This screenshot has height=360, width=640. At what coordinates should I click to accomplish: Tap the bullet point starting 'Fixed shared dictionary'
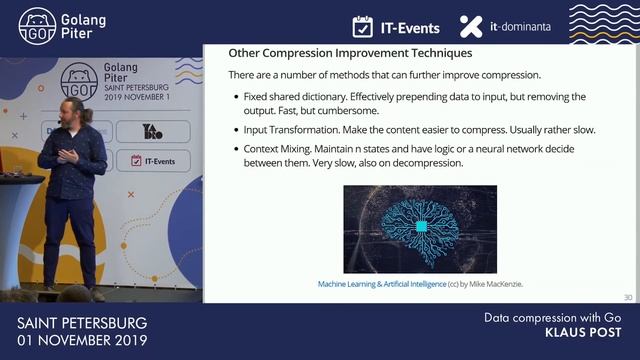[x=410, y=104]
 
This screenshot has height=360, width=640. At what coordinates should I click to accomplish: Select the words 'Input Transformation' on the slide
[x=290, y=130]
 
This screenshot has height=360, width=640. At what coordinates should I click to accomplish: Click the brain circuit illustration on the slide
[x=420, y=229]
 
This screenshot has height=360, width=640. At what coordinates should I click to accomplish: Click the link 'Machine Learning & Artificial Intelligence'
[x=381, y=284]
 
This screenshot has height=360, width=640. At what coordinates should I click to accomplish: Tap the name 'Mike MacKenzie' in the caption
[x=495, y=284]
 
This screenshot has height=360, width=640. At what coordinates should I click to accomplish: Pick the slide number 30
[x=627, y=297]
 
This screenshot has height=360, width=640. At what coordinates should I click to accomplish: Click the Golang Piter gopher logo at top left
[x=37, y=26]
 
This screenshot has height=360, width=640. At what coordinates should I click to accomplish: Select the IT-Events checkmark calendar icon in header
[x=364, y=26]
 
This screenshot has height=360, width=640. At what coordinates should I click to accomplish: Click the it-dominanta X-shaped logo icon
[x=470, y=26]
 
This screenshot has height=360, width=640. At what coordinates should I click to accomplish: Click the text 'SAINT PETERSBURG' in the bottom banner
[x=82, y=323]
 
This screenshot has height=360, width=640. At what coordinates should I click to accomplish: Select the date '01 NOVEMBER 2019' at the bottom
[x=82, y=341]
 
